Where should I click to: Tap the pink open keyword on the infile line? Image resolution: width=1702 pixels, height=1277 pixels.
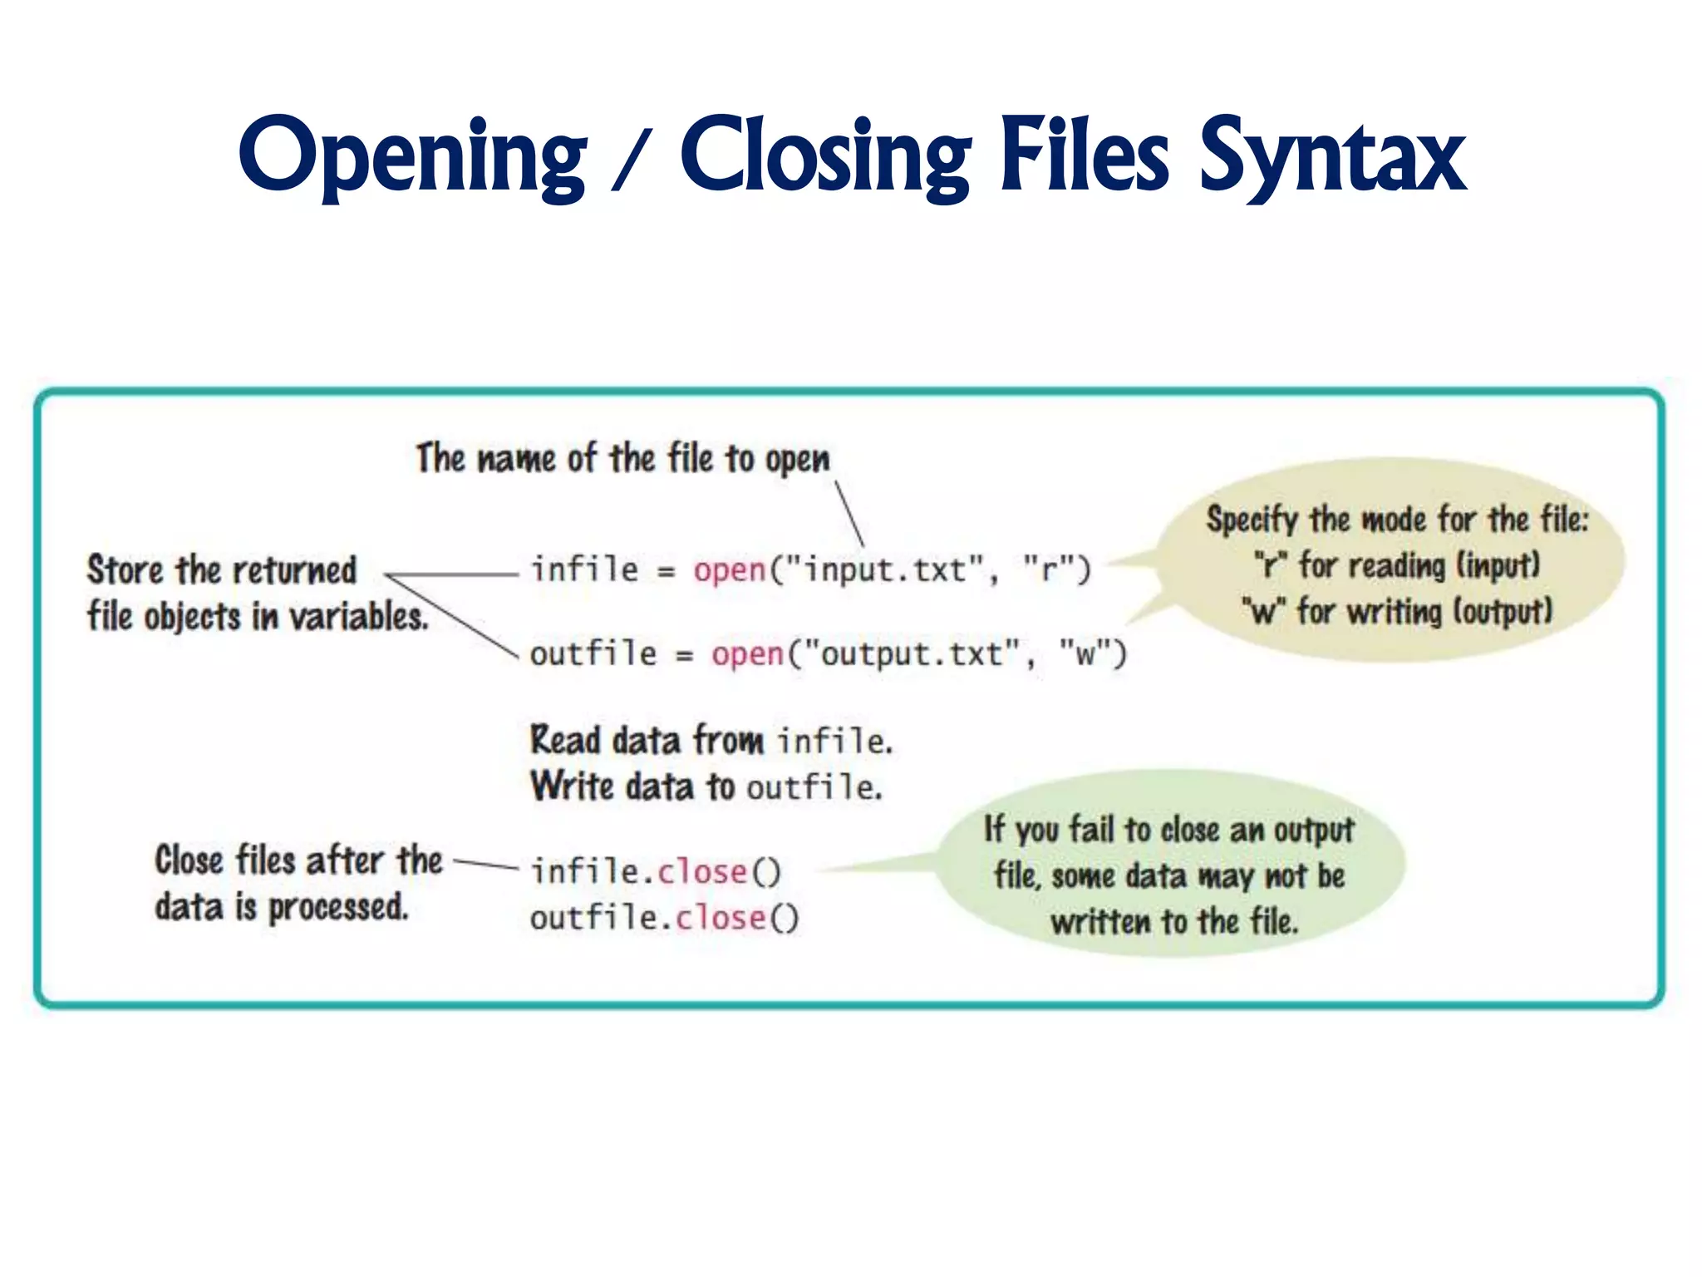pos(730,570)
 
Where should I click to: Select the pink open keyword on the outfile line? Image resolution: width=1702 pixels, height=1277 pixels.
pos(747,654)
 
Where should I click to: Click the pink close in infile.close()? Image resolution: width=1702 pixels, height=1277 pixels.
pos(702,872)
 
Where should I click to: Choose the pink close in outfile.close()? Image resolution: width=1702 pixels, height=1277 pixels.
pos(720,918)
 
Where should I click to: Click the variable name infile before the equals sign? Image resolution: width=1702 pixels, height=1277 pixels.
pos(585,570)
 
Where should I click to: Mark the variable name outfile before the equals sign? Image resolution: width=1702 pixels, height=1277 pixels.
pos(593,654)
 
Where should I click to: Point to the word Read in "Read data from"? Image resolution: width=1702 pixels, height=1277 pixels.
pos(565,740)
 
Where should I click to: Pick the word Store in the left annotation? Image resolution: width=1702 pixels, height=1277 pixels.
pos(125,570)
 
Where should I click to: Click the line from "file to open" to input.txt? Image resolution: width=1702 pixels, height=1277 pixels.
pos(849,513)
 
